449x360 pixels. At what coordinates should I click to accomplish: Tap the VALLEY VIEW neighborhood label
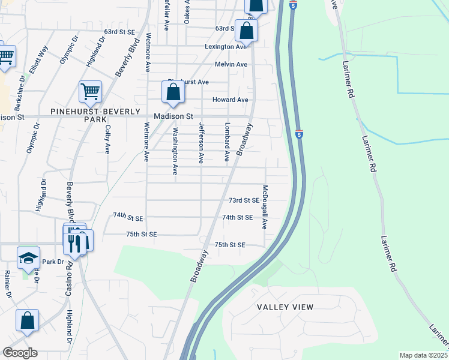pos(285,307)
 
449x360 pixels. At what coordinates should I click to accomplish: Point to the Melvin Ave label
pos(232,64)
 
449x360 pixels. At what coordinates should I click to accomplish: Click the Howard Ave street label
pos(230,100)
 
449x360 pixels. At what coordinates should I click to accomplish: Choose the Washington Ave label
pos(175,151)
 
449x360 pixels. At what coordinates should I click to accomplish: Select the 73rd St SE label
pos(244,200)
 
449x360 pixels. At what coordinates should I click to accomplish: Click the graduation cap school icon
pos(28,258)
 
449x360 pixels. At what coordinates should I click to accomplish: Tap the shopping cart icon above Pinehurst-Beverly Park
pos(90,92)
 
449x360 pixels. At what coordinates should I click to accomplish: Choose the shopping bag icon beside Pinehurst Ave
pos(173,92)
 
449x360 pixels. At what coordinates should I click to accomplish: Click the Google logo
pos(19,353)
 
